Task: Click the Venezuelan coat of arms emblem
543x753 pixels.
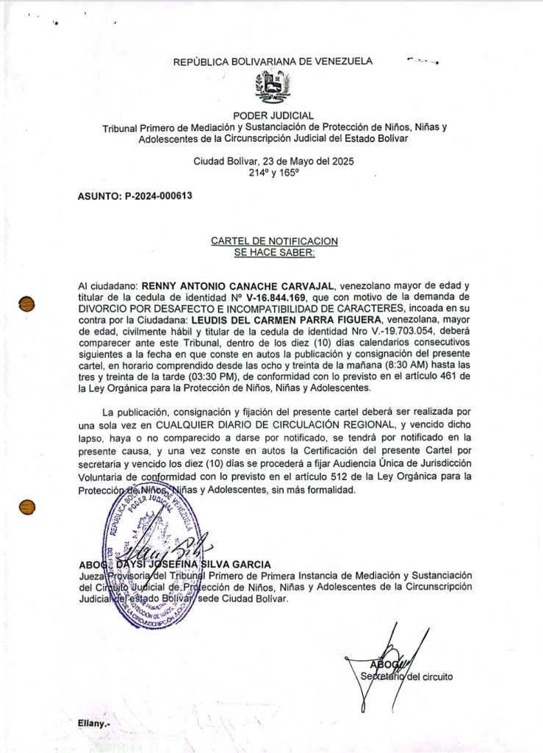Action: tap(273, 88)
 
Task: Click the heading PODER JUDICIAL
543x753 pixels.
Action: tap(273, 115)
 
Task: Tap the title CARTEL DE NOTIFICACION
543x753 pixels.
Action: tap(274, 241)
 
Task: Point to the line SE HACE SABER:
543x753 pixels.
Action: tap(274, 252)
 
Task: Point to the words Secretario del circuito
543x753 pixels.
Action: tap(406, 676)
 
